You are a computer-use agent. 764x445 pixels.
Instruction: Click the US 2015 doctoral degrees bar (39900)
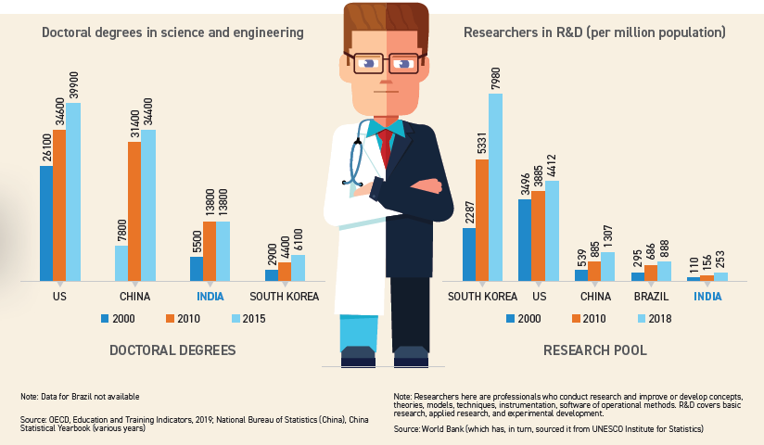point(73,191)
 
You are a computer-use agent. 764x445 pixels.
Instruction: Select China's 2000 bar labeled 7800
point(121,262)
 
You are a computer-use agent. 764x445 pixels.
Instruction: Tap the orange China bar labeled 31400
point(134,210)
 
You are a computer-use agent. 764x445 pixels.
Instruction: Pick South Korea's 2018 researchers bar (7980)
point(496,186)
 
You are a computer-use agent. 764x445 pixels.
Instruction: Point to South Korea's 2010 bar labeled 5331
point(482,220)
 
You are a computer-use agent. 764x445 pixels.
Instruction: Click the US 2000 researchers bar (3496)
point(525,239)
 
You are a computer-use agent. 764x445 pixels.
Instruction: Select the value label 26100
point(46,146)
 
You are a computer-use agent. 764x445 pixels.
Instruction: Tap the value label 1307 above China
point(607,233)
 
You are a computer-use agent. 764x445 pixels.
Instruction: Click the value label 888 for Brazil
point(664,247)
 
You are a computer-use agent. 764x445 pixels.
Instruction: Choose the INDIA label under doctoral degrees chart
point(210,297)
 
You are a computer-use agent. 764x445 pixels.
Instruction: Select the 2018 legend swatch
point(640,319)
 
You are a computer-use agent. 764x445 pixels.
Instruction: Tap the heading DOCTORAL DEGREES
point(172,350)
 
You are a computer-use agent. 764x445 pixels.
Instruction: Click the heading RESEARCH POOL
point(595,350)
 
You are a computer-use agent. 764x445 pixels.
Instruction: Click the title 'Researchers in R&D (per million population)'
point(593,32)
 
